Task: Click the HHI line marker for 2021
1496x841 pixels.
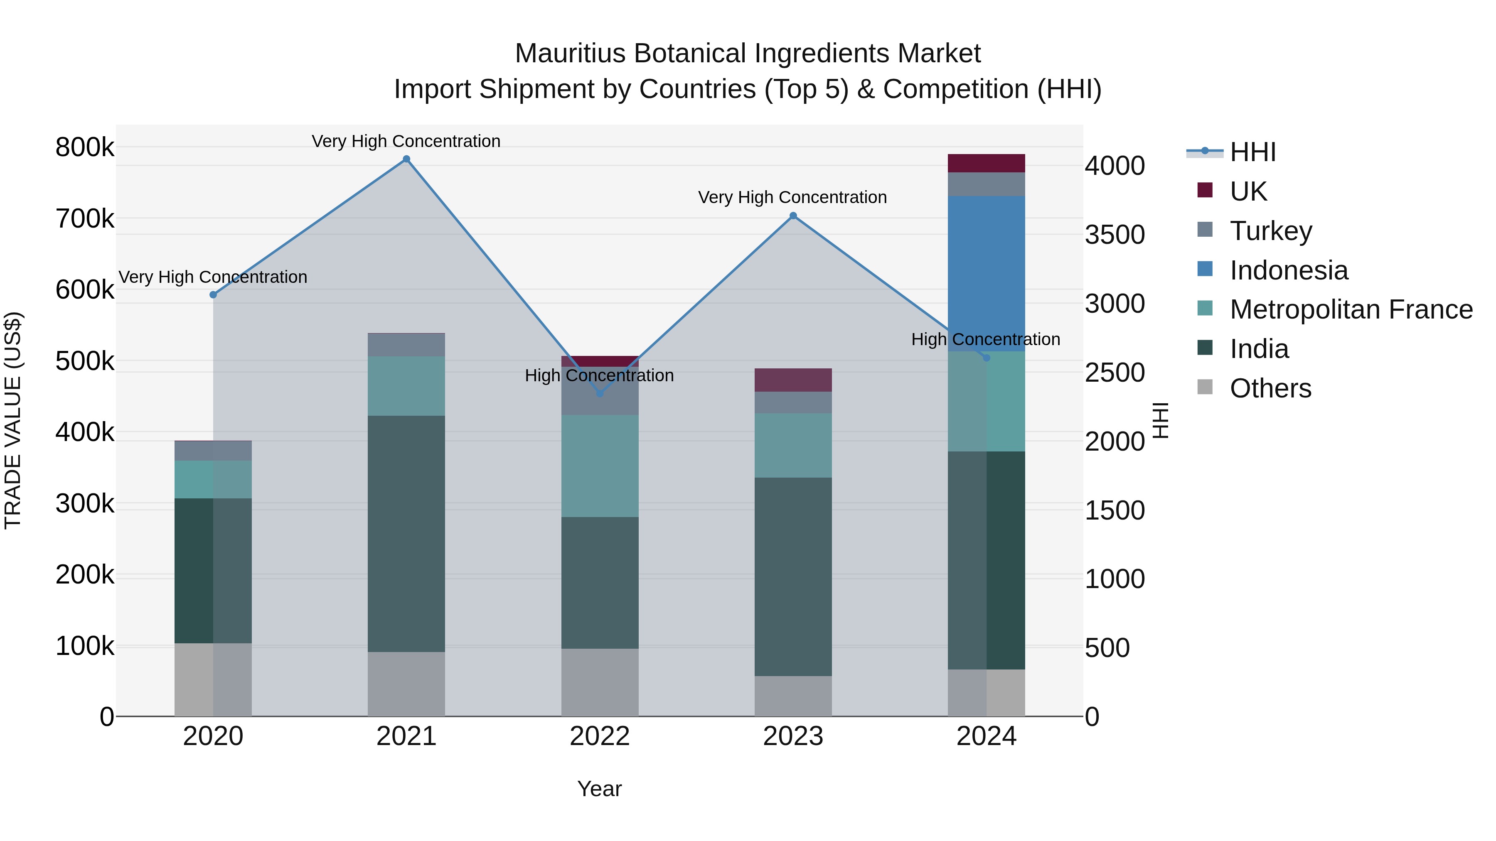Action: [x=406, y=159]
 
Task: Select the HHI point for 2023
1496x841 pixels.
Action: [x=793, y=216]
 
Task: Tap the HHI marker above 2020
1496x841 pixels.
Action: [x=213, y=295]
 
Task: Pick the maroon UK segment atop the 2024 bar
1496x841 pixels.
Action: [x=986, y=163]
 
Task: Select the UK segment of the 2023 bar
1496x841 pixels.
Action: [x=793, y=380]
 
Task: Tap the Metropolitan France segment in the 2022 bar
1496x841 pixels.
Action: [x=600, y=466]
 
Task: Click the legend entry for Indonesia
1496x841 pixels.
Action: [x=1288, y=270]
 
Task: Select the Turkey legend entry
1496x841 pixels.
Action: [x=1271, y=231]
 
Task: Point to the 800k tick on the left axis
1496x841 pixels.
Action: [x=85, y=147]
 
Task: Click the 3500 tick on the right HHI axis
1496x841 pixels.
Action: [x=1115, y=235]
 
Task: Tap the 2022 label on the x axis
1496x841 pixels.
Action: [x=600, y=736]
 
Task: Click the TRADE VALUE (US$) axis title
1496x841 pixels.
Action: [x=13, y=420]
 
